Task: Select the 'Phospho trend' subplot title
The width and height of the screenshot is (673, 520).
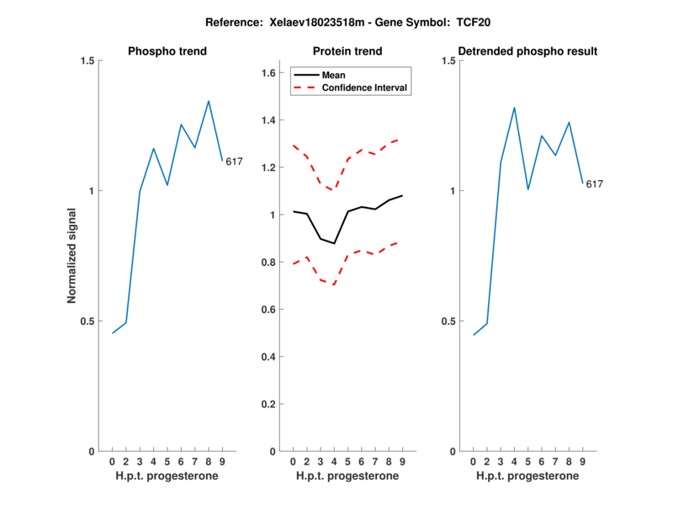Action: point(167,51)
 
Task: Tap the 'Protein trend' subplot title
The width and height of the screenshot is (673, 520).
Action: point(347,51)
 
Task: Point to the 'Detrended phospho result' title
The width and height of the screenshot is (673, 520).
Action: point(527,51)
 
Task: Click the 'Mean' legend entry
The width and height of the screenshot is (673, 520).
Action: point(334,75)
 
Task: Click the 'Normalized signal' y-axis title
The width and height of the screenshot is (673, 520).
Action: point(72,256)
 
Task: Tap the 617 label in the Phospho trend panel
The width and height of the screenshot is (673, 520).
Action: point(234,162)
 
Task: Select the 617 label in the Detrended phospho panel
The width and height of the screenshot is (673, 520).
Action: point(595,183)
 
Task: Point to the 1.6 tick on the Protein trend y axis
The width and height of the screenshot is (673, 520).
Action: point(269,73)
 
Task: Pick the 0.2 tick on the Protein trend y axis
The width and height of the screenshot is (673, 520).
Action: point(269,404)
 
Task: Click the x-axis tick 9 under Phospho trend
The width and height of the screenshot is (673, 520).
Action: point(222,462)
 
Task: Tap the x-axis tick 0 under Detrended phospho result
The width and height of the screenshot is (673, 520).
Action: point(473,462)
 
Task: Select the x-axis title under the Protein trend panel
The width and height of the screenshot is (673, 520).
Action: point(347,476)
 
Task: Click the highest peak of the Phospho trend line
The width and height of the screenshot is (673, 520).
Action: point(209,101)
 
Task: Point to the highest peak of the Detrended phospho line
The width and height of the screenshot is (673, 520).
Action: point(514,107)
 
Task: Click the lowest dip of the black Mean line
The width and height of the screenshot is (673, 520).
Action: point(334,243)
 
